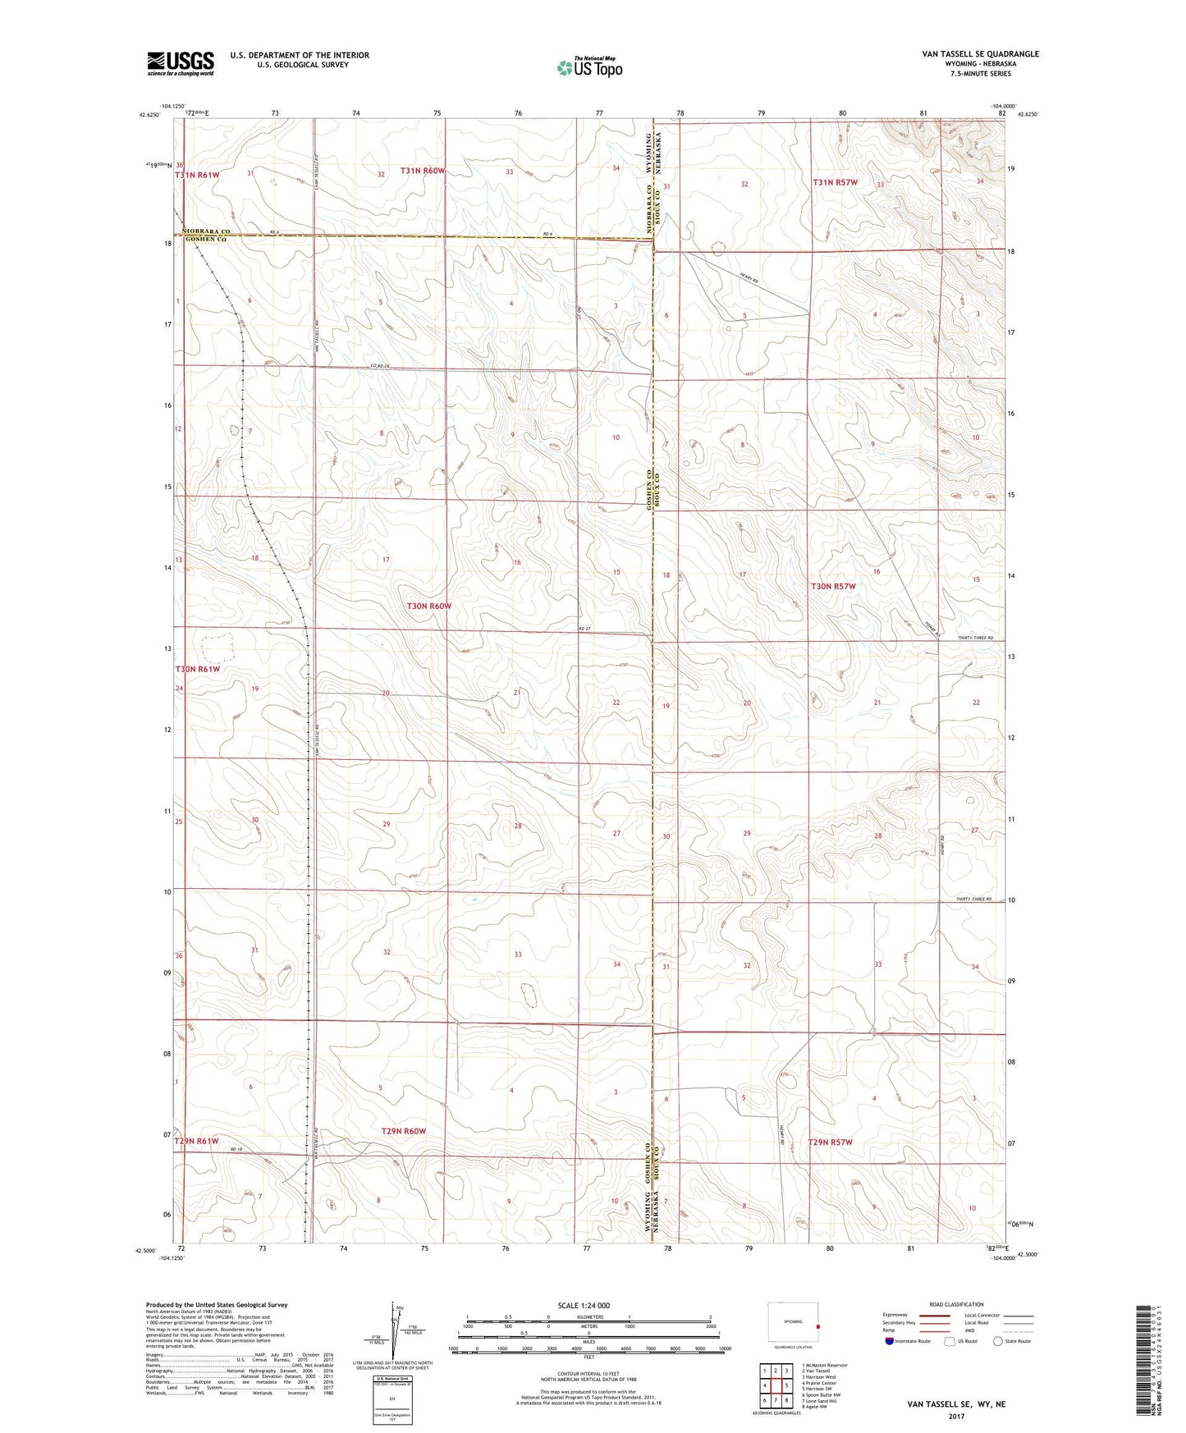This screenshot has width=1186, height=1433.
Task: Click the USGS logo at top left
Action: (x=181, y=62)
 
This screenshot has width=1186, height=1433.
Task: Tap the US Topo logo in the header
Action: (x=589, y=66)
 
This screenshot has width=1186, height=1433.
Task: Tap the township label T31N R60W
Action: (x=423, y=171)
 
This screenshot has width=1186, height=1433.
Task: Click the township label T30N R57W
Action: (x=833, y=586)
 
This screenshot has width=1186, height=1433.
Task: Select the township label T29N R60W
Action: (x=404, y=1131)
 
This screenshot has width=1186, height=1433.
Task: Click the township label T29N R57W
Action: (x=831, y=1142)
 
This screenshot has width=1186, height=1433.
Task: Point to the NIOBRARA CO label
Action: (x=201, y=231)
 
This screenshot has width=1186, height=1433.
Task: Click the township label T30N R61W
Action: (x=197, y=669)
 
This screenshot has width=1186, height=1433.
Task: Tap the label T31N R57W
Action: (x=835, y=182)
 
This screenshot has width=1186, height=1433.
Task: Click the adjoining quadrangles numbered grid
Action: (x=775, y=1385)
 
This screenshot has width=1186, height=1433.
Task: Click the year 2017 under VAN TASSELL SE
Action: (x=955, y=1416)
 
